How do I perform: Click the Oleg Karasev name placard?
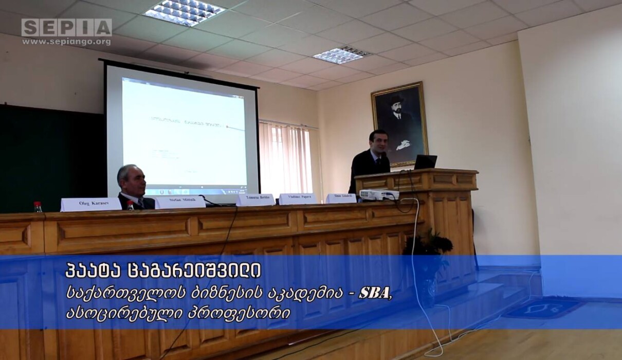tap(91, 205)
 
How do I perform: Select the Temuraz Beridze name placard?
tap(255, 200)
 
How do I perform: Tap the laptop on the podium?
tap(425, 162)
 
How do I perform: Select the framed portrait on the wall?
tap(400, 124)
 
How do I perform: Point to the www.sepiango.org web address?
tap(66, 42)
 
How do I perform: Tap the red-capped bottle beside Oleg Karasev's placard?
tap(38, 207)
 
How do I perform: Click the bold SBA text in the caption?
tap(374, 292)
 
